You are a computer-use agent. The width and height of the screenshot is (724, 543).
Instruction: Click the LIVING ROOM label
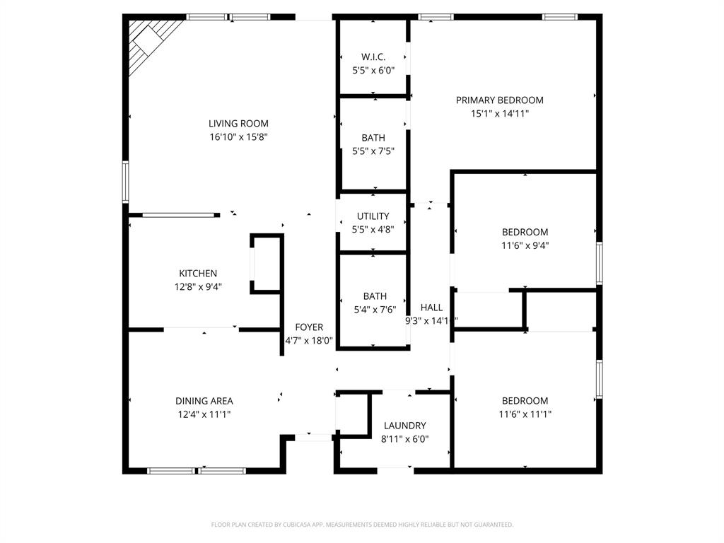(x=238, y=123)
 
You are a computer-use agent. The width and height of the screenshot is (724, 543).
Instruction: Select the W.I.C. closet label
(x=373, y=57)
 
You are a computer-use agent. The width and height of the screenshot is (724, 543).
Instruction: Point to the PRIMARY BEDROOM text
(x=499, y=100)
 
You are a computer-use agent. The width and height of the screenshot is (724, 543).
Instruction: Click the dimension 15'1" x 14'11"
(x=499, y=113)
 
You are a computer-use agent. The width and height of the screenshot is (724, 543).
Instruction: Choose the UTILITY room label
(x=373, y=216)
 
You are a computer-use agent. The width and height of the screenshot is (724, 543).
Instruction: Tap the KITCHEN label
(x=198, y=273)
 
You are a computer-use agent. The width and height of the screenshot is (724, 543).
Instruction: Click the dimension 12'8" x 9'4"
(x=198, y=286)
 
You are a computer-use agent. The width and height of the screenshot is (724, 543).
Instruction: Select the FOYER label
(x=309, y=327)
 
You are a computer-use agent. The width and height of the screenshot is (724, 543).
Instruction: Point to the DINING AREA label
(x=204, y=401)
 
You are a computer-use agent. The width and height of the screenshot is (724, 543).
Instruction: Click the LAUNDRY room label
(x=405, y=426)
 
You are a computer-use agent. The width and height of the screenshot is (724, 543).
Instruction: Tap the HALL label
(x=431, y=308)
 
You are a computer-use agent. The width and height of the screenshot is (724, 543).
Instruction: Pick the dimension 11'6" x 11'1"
(x=525, y=414)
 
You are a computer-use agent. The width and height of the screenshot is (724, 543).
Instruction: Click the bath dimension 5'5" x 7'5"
(x=373, y=151)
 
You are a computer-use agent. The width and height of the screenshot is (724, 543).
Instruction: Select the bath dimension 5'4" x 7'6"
(x=375, y=309)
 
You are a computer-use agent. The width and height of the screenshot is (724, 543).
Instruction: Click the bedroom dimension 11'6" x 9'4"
(x=525, y=245)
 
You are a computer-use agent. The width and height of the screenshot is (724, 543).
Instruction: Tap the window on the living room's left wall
(x=125, y=182)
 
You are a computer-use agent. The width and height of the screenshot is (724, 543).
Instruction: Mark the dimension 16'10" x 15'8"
(x=238, y=136)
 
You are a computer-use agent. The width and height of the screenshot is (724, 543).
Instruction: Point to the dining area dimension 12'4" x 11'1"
(x=204, y=414)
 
